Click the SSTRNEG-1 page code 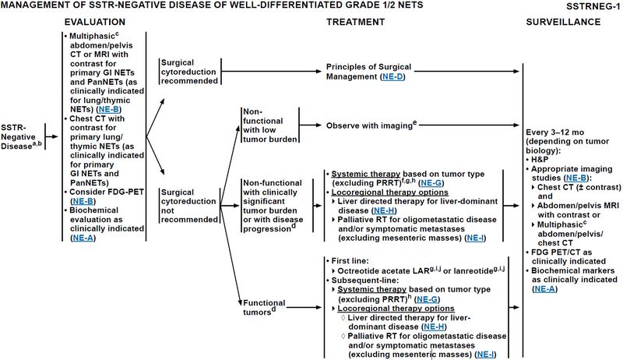(593, 6)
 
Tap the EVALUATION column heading (94, 22)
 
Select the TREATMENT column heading (355, 22)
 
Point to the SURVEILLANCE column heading (563, 22)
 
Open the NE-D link (392, 76)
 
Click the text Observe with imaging (369, 125)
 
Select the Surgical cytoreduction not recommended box (189, 206)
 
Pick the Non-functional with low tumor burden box (270, 125)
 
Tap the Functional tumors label (264, 307)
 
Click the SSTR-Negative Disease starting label (21, 136)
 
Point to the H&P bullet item (540, 160)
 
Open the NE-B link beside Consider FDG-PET (83, 201)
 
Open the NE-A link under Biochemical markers (544, 289)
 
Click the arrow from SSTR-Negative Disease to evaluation (51, 136)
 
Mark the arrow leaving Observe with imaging (470, 125)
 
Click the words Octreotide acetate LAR (383, 271)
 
